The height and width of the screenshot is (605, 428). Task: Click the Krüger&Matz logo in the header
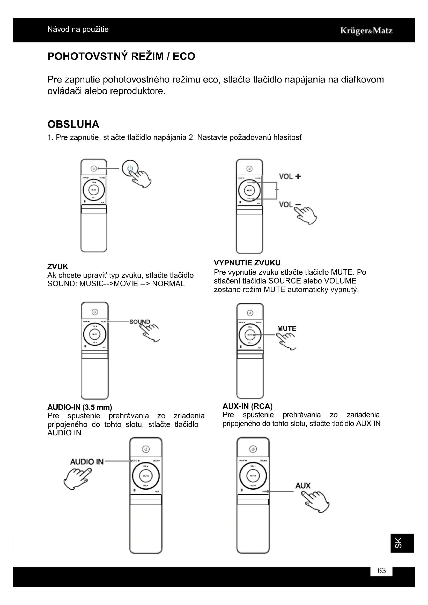366,31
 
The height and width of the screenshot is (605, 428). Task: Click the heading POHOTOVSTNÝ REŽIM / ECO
121,56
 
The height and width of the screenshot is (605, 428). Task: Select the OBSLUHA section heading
73,124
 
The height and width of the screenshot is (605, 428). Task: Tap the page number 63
381,571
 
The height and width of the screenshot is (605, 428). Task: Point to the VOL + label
290,177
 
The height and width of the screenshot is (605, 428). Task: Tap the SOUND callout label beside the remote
140,322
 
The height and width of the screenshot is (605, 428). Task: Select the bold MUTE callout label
287,328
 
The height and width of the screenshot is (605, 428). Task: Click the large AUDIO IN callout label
87,462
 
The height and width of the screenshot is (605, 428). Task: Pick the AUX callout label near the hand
303,486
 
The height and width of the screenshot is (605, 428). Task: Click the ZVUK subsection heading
58,266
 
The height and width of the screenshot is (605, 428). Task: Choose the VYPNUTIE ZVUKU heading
247,263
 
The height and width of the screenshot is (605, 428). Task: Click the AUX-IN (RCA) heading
247,406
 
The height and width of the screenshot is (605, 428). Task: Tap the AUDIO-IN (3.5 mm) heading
80,407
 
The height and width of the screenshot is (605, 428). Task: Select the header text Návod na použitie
78,29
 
